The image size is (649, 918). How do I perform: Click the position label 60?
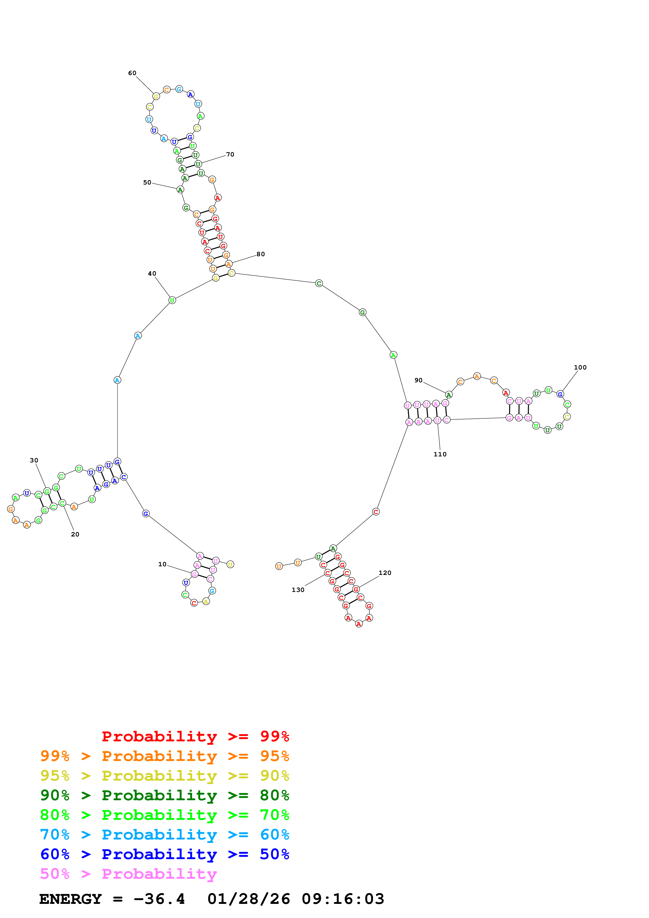pos(132,73)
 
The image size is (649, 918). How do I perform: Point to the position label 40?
pos(152,273)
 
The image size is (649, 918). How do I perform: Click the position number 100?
pos(580,367)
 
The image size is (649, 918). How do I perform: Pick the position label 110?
pos(440,454)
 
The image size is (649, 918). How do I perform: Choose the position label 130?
pos(298,590)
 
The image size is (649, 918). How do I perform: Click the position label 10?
pos(162,564)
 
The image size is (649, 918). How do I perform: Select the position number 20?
pos(75,534)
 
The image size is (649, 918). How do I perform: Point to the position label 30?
pos(34,460)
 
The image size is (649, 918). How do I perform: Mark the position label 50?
pos(147,182)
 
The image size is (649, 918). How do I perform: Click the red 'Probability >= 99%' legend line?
pos(195,736)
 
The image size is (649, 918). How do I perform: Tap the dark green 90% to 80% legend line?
pos(164,795)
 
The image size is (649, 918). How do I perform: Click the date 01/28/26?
pos(248,899)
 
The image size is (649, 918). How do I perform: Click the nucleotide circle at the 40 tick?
pos(172,300)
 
